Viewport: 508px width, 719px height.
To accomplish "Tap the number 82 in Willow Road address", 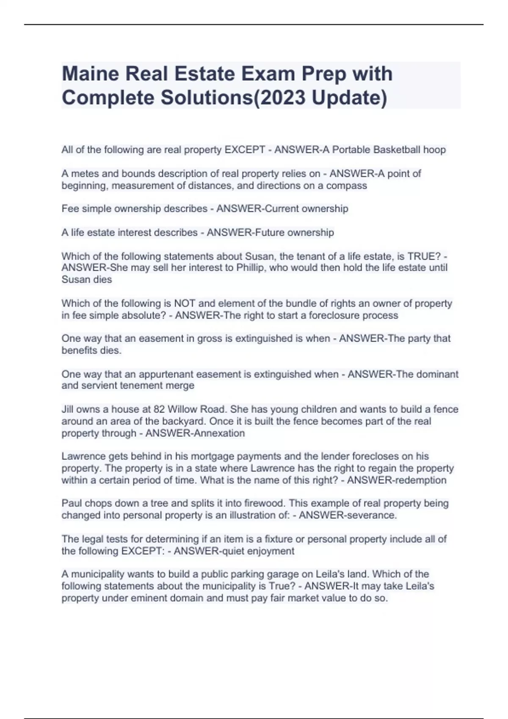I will coord(159,409).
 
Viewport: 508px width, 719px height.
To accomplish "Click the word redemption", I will coord(420,480).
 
